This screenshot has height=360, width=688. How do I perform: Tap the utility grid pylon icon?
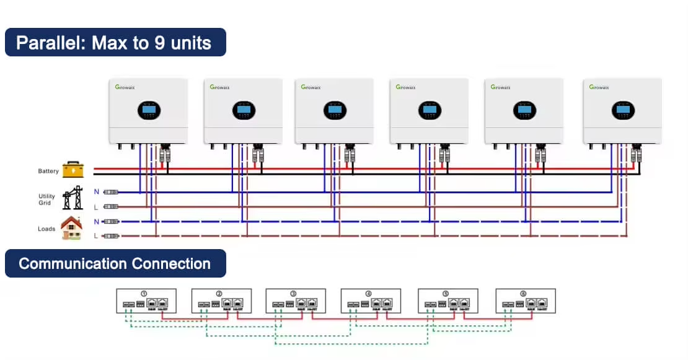pyautogui.click(x=73, y=198)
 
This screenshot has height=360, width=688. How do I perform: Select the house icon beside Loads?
pyautogui.click(x=71, y=228)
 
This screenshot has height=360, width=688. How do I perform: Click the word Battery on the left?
pyautogui.click(x=48, y=171)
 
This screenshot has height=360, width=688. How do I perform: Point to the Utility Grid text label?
pyautogui.click(x=46, y=200)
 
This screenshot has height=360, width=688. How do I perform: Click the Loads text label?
pyautogui.click(x=46, y=229)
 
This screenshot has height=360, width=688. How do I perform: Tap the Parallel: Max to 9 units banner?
pyautogui.click(x=115, y=43)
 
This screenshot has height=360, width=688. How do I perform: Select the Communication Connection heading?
pyautogui.click(x=115, y=263)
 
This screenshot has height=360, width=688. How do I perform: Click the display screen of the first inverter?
pyautogui.click(x=148, y=110)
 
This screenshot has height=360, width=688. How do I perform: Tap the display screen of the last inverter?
pyautogui.click(x=622, y=110)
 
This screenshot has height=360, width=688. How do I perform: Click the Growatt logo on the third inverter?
pyautogui.click(x=311, y=87)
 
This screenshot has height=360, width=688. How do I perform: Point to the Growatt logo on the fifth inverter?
pyautogui.click(x=501, y=87)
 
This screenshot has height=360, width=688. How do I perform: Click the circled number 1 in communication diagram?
pyautogui.click(x=144, y=293)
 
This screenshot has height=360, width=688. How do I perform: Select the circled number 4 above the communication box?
pyautogui.click(x=369, y=293)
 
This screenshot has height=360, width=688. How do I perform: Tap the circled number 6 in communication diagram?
pyautogui.click(x=524, y=293)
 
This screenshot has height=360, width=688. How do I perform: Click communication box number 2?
pyautogui.click(x=221, y=301)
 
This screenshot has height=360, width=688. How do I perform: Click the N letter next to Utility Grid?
pyautogui.click(x=96, y=192)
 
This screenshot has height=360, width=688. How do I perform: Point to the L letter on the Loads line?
pyautogui.click(x=96, y=236)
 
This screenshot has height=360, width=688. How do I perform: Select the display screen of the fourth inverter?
pyautogui.click(x=429, y=110)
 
